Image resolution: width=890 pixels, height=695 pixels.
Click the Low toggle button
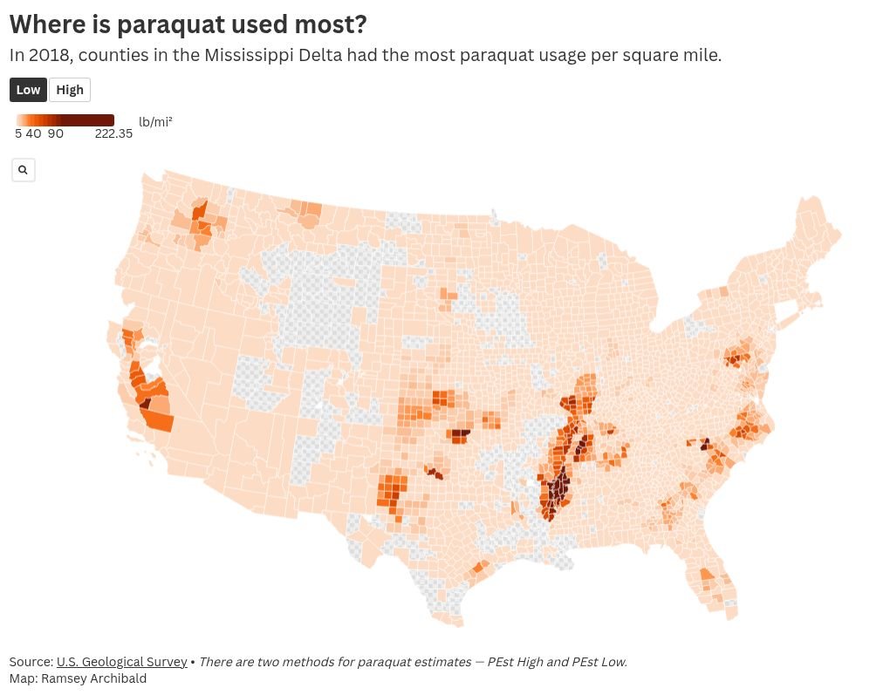click(28, 90)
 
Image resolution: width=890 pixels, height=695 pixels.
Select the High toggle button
click(70, 90)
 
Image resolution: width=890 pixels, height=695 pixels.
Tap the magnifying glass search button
click(23, 170)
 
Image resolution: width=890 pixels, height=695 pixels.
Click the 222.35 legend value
click(113, 134)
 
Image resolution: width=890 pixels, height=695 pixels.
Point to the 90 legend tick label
click(56, 134)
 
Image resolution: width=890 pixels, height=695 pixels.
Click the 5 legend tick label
click(18, 134)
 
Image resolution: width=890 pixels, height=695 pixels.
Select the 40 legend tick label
click(33, 134)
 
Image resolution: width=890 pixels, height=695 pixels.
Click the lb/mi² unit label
click(155, 121)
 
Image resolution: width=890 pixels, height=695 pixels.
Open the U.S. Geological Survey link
click(121, 662)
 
